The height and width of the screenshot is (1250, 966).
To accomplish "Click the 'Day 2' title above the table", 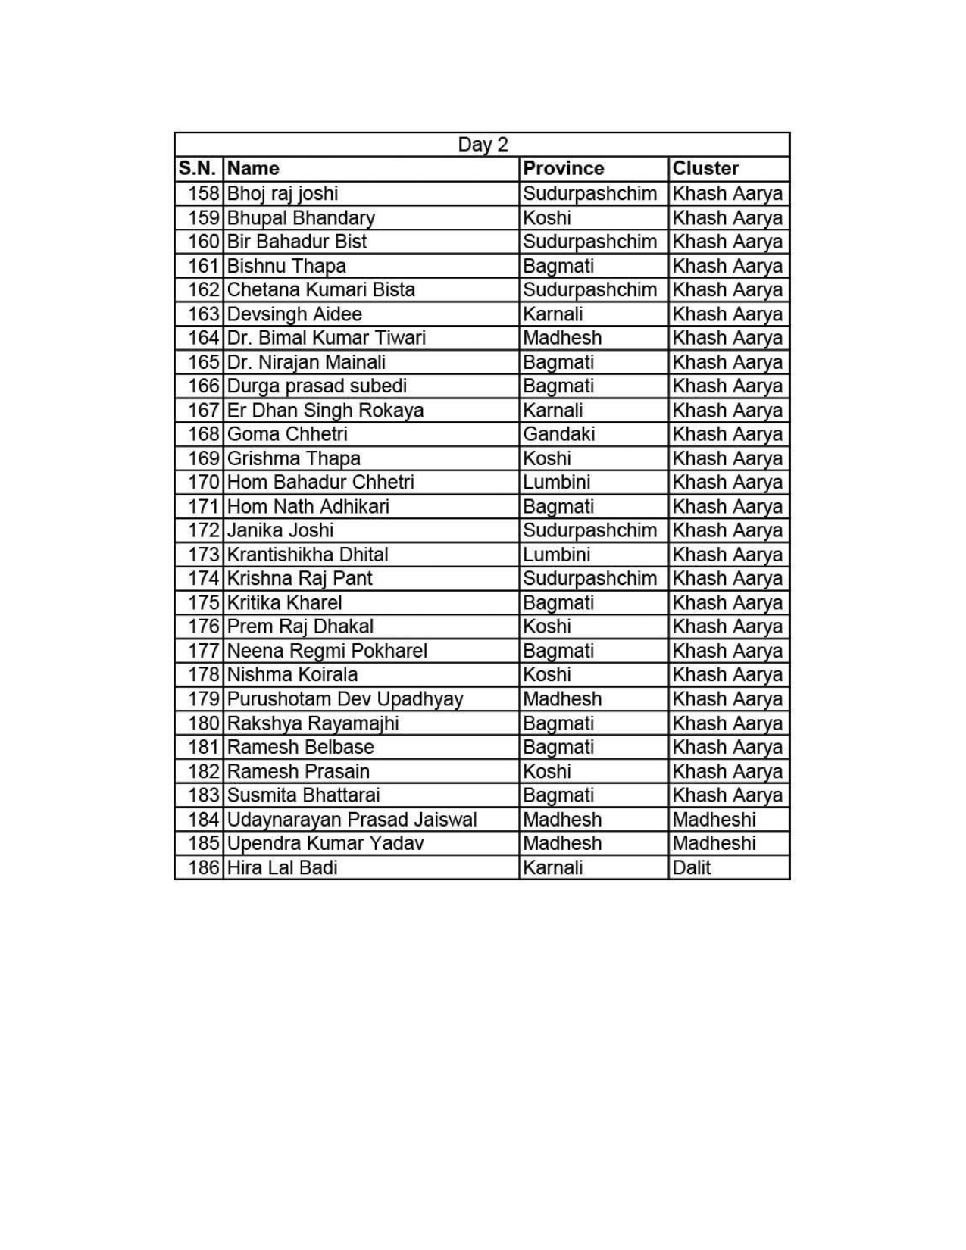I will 483,145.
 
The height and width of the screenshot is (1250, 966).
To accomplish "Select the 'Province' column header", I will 563,168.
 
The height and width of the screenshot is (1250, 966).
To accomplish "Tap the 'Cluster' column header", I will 705,168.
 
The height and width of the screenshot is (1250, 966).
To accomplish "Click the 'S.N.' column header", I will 199,168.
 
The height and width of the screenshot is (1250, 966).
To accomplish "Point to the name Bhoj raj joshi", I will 283,193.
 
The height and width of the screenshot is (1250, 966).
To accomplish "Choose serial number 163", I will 204,314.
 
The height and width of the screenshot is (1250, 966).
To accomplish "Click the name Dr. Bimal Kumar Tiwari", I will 326,338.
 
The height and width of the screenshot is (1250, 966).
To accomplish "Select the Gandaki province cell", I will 558,434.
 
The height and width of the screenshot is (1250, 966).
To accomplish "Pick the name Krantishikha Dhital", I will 308,555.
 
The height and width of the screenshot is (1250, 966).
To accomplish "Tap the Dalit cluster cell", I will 691,867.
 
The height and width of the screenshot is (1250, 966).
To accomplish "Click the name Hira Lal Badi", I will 282,867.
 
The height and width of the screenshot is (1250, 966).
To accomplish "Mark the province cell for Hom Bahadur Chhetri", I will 556,482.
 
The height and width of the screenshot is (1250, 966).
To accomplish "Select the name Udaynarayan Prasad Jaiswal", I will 352,820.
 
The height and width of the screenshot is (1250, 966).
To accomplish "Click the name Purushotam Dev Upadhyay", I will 345,699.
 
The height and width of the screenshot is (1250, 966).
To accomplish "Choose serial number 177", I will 204,651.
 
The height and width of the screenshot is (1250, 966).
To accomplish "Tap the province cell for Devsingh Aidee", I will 552,314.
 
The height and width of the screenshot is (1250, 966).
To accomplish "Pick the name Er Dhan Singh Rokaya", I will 325,410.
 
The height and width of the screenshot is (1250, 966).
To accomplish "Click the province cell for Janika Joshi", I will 589,530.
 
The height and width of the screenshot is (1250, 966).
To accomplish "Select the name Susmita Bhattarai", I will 303,795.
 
